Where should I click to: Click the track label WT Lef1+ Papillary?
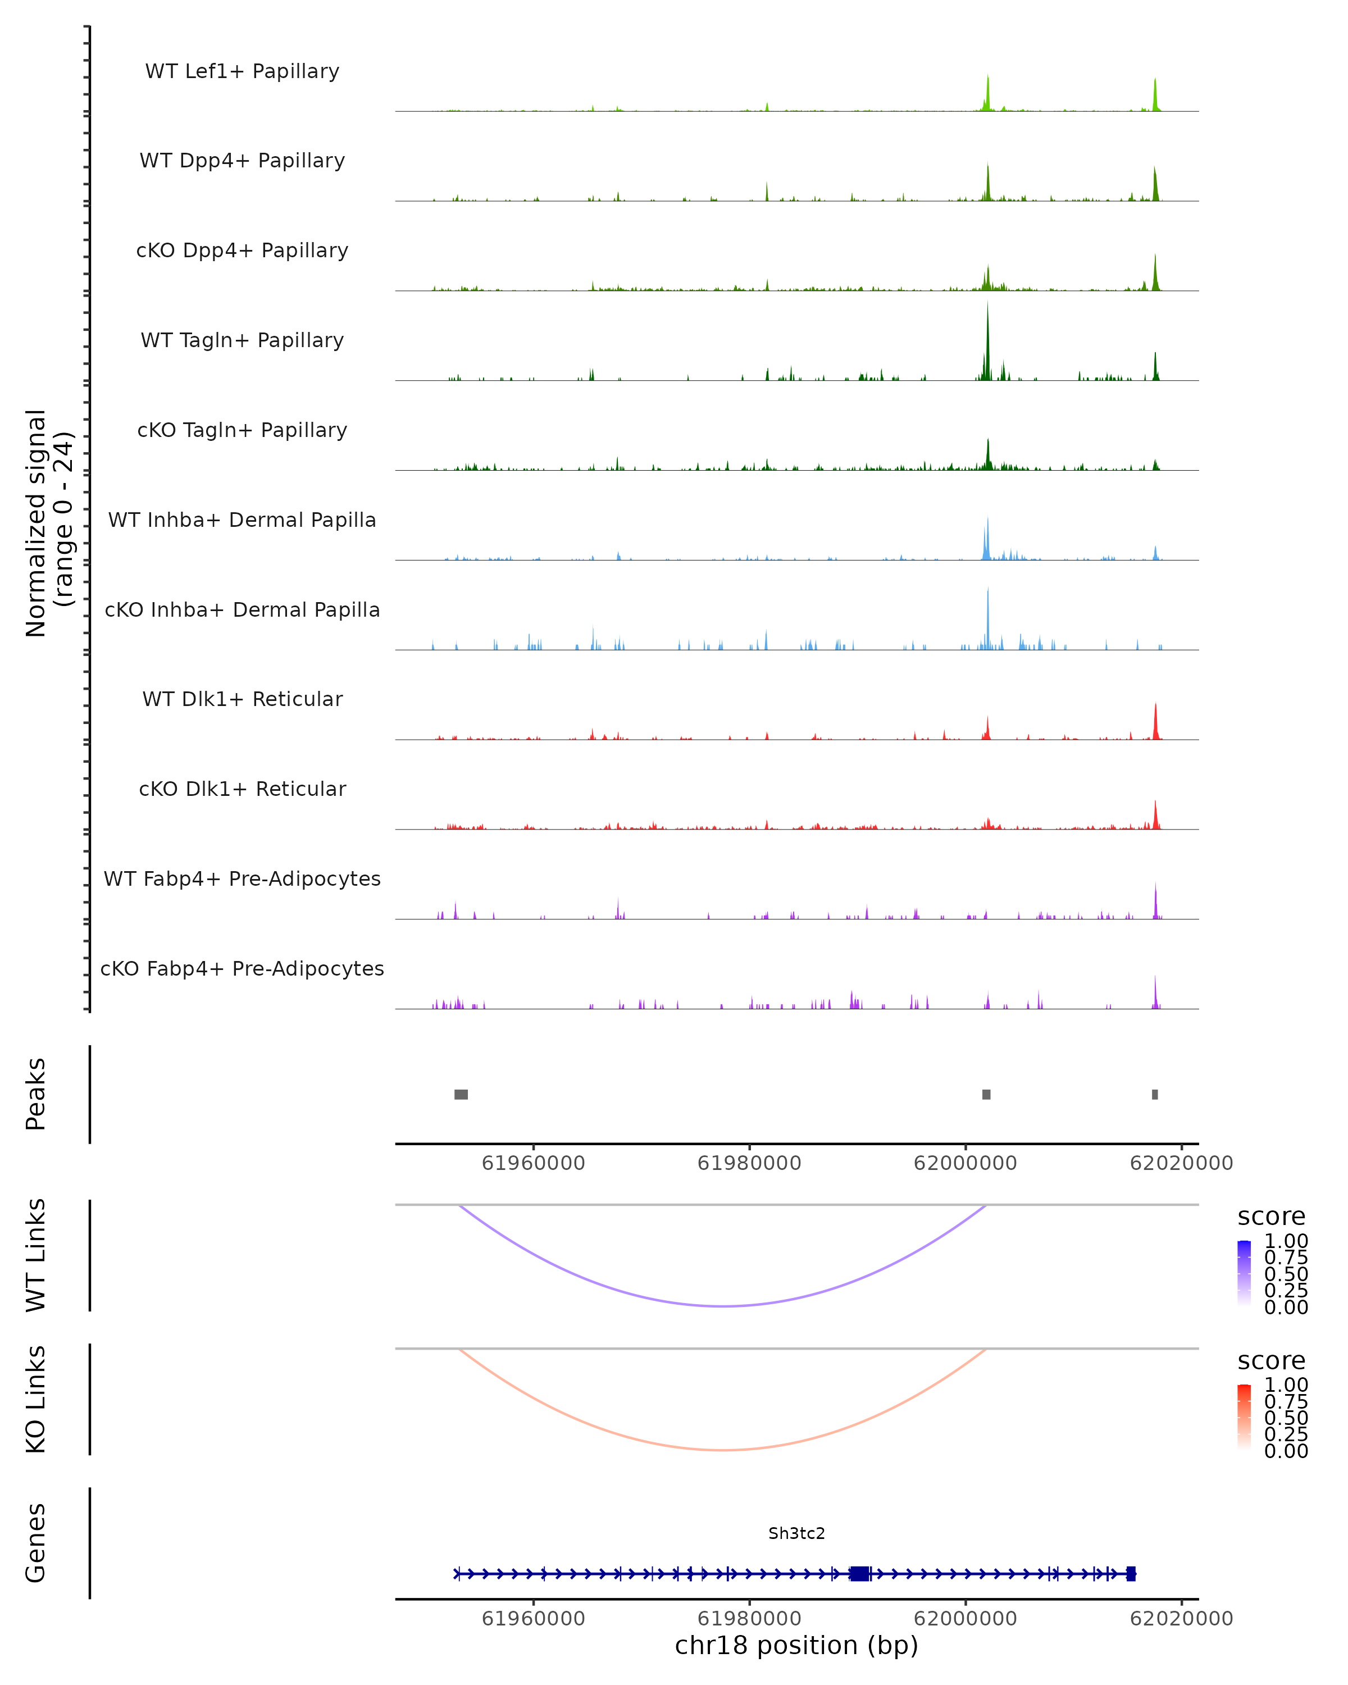242,71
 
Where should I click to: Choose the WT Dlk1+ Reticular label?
242,699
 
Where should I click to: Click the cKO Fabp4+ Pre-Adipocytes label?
242,968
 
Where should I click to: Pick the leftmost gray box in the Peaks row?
461,1094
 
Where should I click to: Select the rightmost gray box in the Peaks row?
1155,1094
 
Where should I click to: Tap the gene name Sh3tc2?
796,1533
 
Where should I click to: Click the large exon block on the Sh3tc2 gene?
859,1573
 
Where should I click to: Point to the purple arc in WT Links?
725,1306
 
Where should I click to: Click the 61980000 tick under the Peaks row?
749,1163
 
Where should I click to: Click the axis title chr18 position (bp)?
796,1645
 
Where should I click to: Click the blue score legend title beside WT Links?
1272,1217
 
